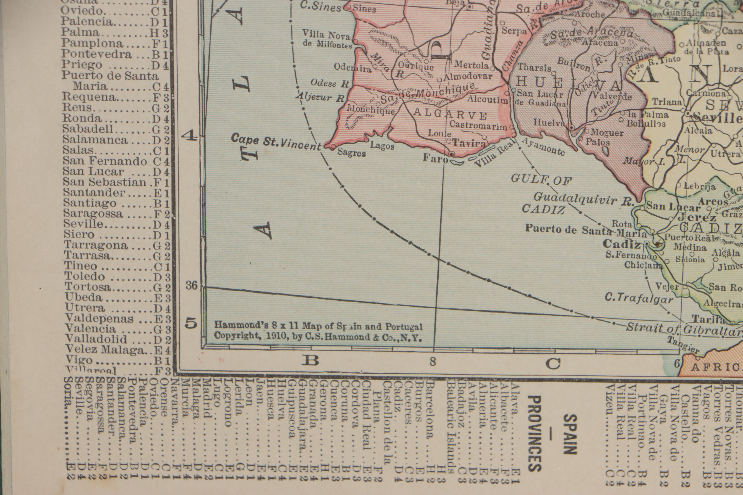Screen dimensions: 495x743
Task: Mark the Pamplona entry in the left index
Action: pyautogui.click(x=92, y=43)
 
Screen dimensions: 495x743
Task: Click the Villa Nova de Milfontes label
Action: pyautogui.click(x=327, y=39)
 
